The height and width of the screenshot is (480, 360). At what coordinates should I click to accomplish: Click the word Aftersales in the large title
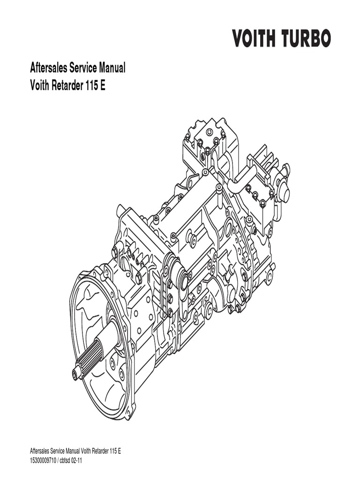(48, 68)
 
